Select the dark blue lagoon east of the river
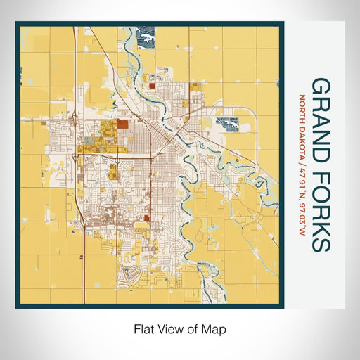pos(229,124)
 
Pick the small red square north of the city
pos(150,86)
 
